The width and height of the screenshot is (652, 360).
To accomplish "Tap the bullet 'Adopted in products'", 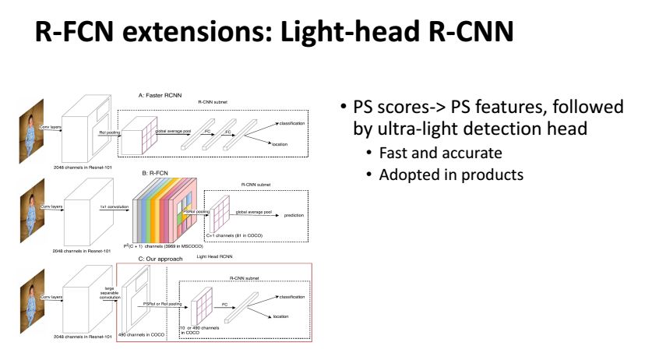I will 451,174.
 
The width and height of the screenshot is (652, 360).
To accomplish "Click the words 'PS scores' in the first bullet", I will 387,108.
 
